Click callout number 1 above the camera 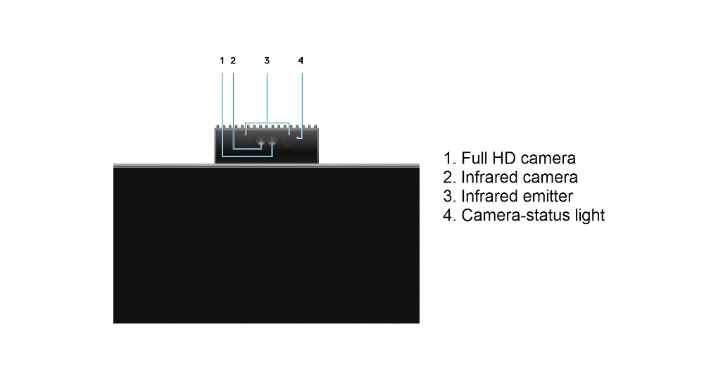coord(222,61)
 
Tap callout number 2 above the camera coord(233,61)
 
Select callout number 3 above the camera coord(267,61)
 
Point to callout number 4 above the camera coord(301,61)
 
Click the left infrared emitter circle coord(244,141)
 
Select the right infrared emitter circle coord(288,141)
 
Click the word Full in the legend coord(474,158)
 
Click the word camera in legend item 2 coord(550,178)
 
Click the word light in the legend coord(590,216)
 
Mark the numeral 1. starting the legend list coord(450,158)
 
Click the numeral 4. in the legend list coord(450,215)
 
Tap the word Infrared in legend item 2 coord(489,178)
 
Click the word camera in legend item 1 coord(548,159)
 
